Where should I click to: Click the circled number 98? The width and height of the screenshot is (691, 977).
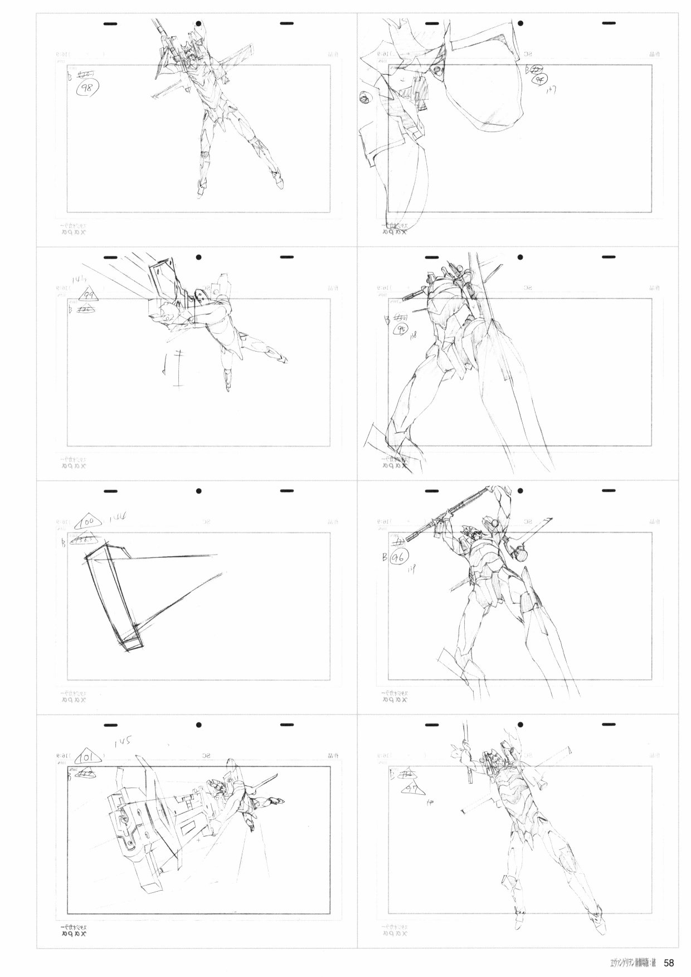[86, 89]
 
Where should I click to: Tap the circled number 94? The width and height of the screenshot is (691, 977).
[539, 80]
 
